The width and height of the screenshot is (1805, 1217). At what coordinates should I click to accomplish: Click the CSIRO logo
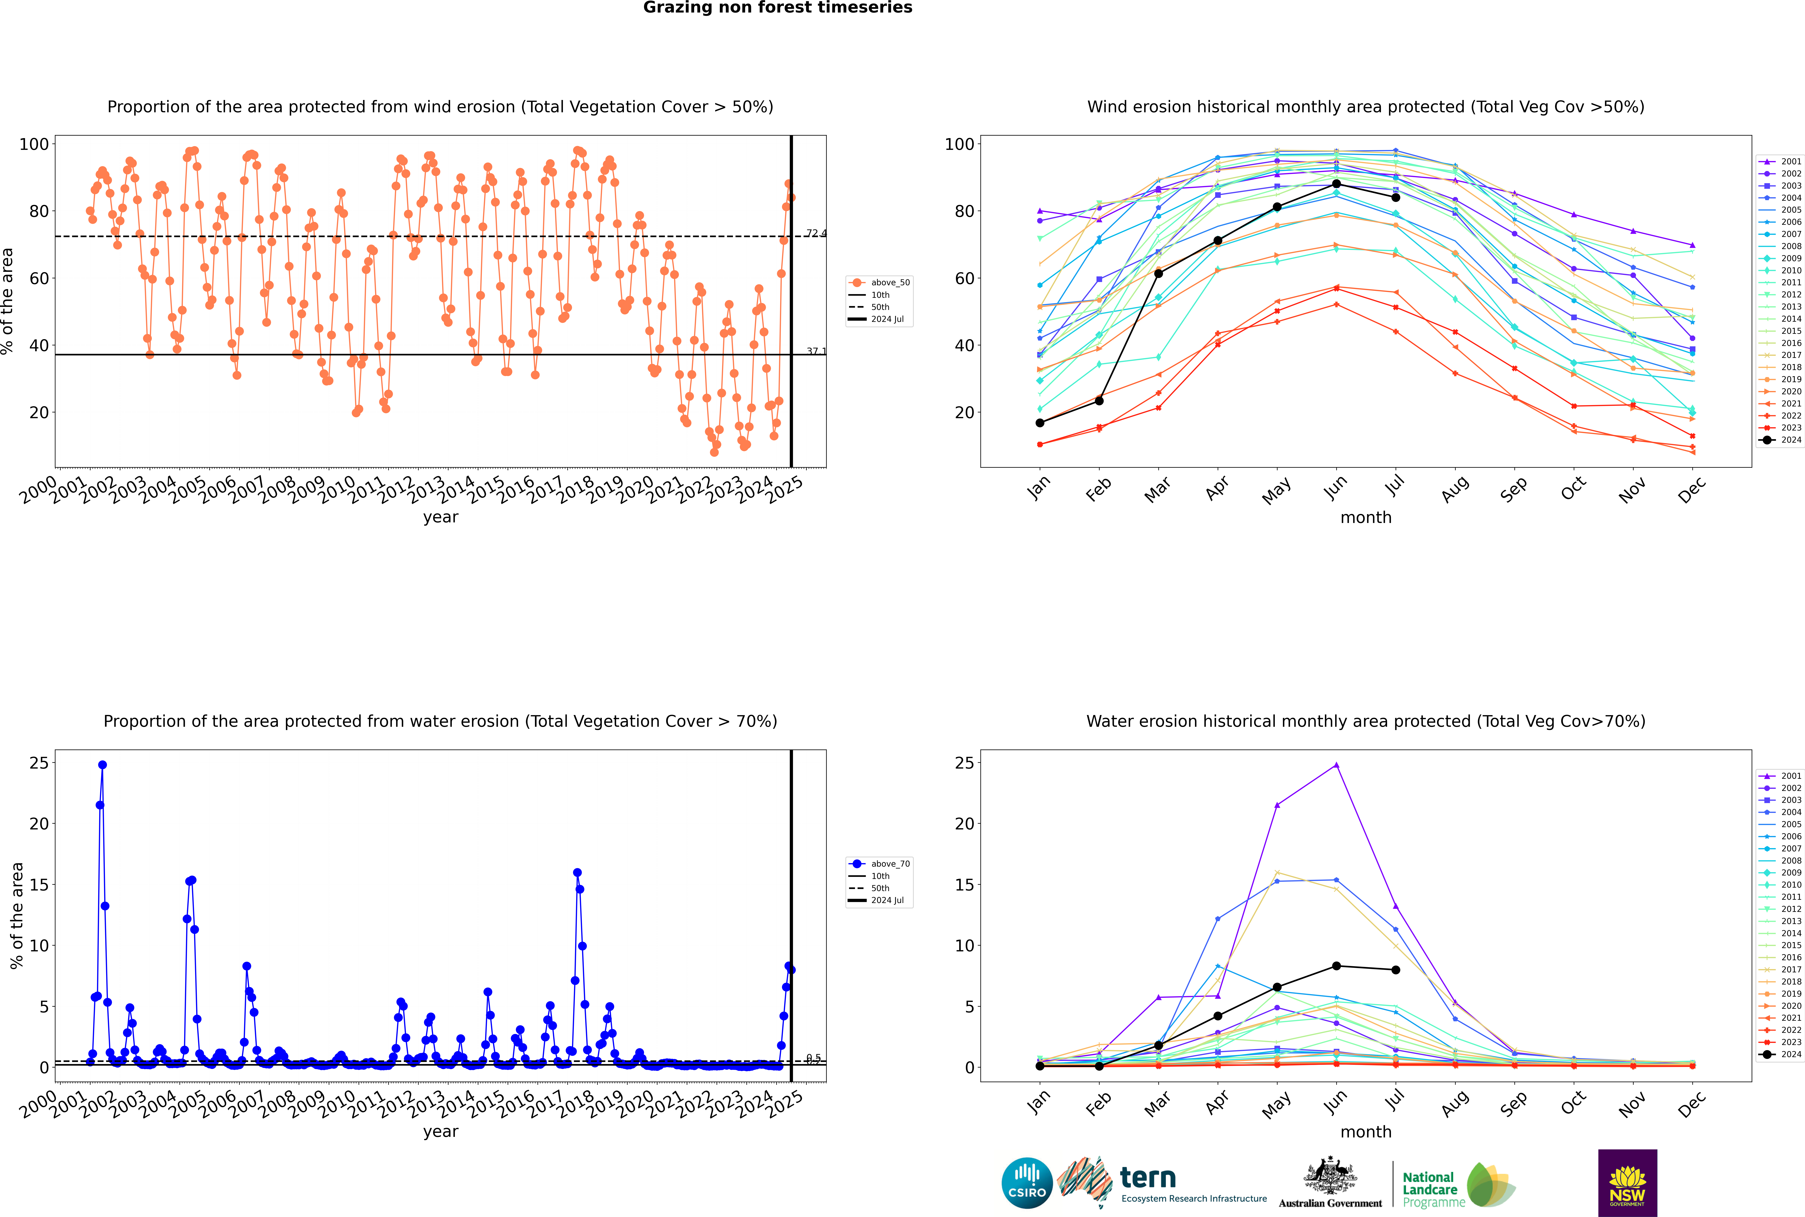pos(1027,1183)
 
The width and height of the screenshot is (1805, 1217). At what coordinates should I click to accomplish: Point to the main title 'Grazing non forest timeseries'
pos(778,8)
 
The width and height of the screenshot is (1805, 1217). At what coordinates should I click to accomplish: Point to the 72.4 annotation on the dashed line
pos(816,234)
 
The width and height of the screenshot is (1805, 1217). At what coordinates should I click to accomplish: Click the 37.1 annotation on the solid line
pos(816,352)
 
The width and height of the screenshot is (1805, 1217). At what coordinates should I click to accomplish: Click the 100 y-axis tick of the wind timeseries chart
pos(34,144)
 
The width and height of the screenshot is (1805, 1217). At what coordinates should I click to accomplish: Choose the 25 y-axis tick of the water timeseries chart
pos(39,763)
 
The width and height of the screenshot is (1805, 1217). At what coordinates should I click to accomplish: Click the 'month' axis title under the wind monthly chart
pos(1366,518)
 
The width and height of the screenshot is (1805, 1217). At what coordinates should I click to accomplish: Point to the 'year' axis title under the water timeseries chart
pos(440,1132)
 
